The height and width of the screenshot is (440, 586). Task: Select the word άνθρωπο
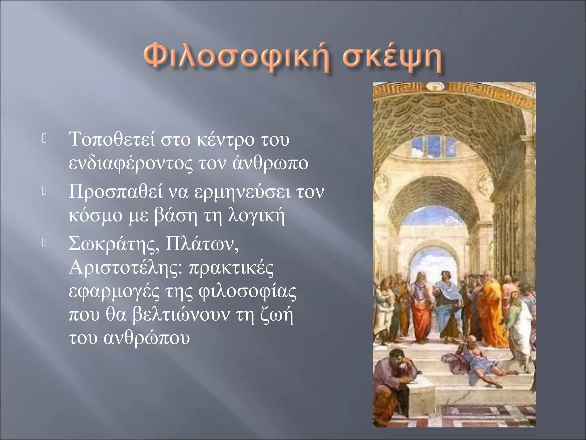(x=270, y=164)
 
